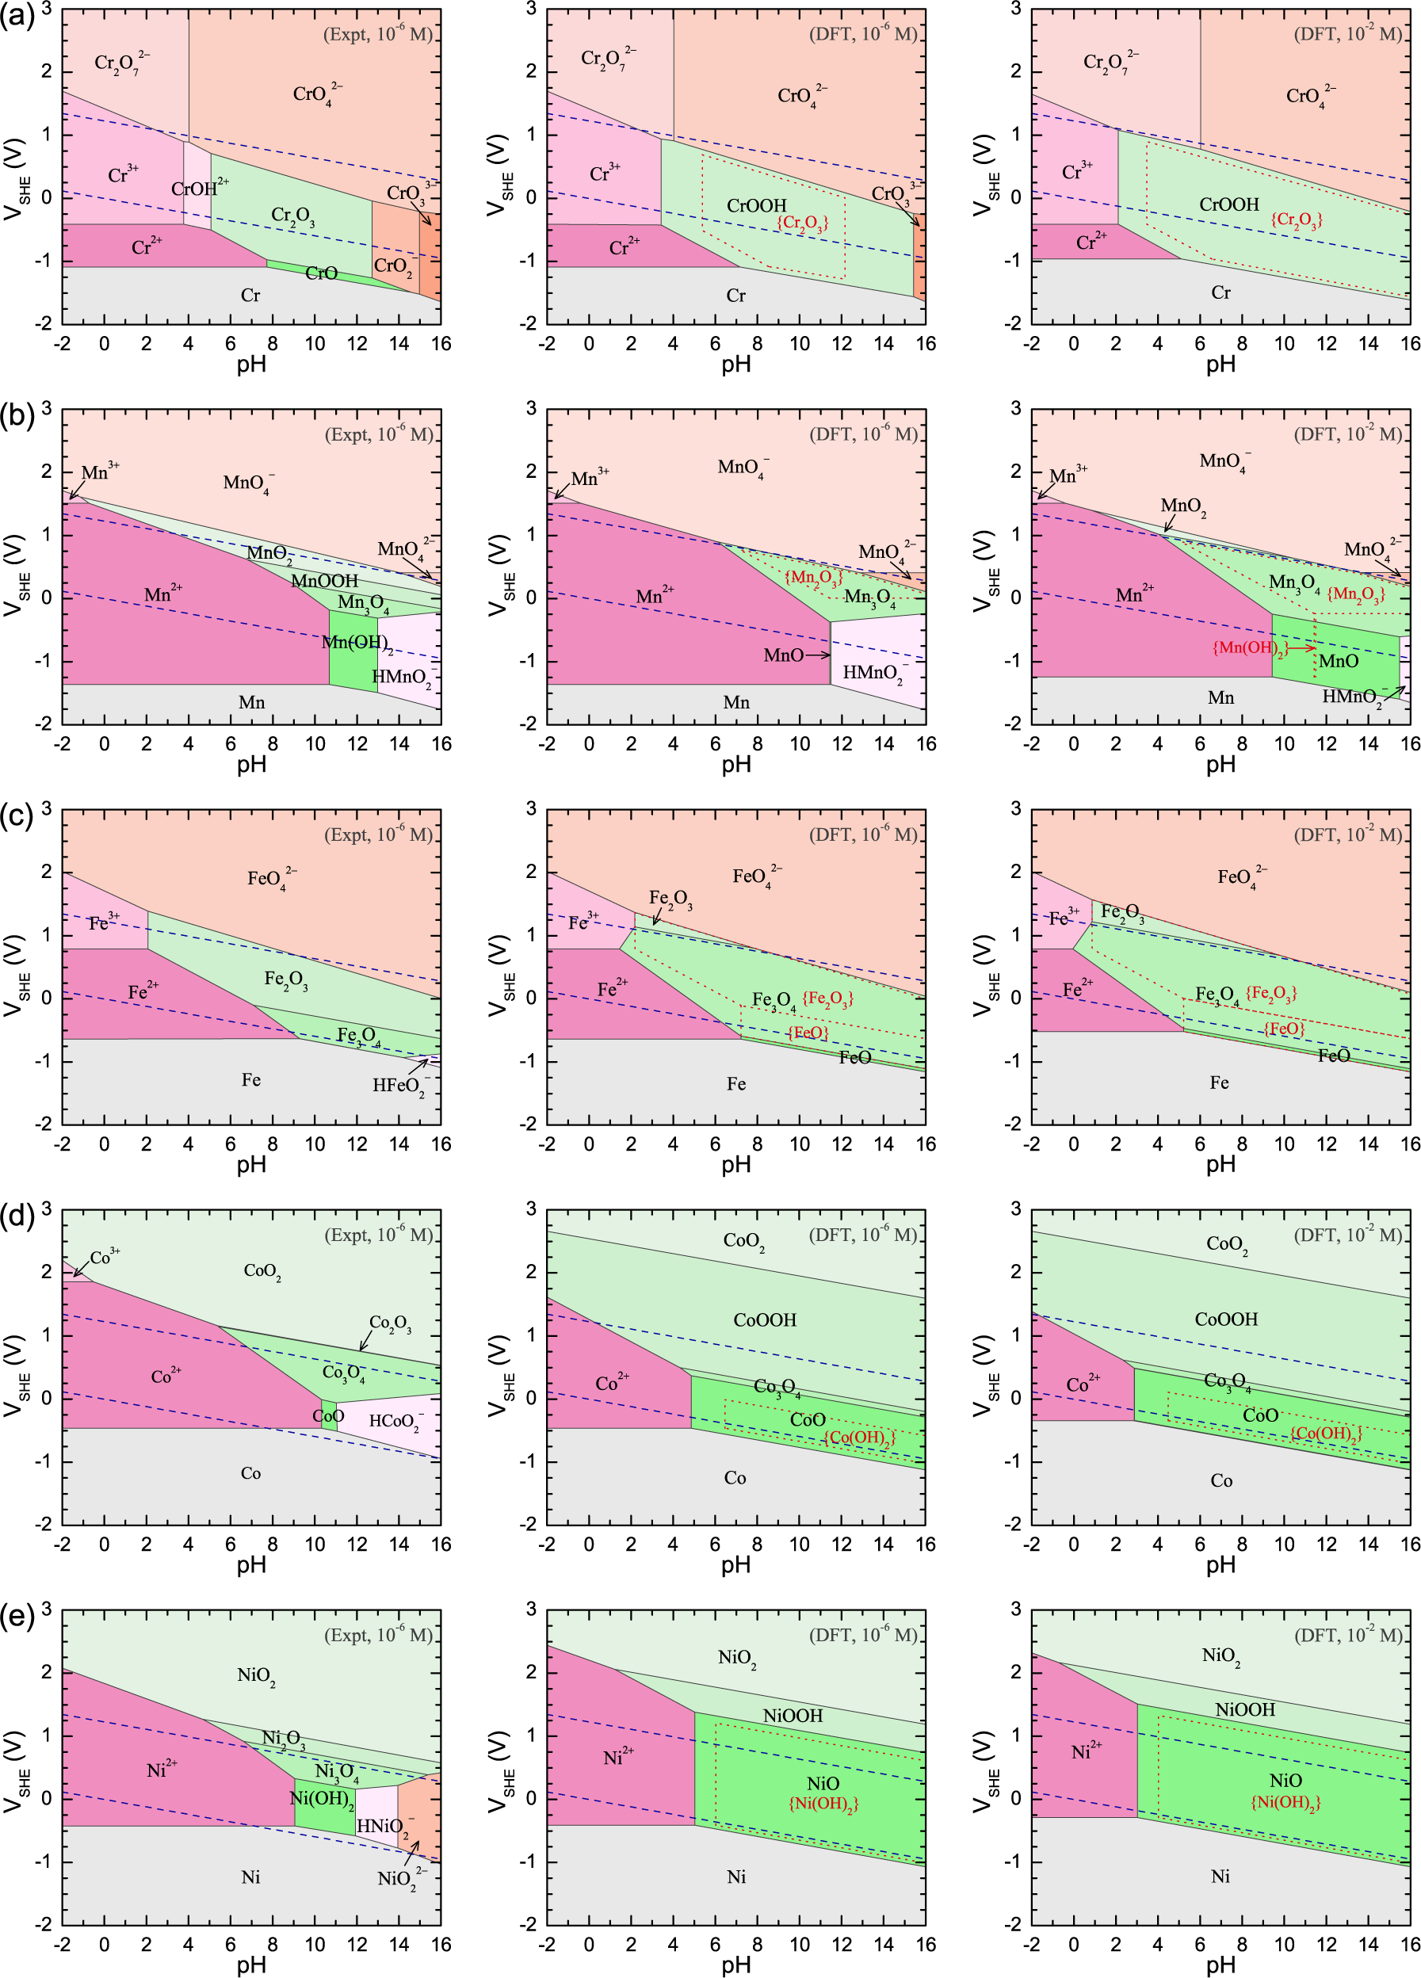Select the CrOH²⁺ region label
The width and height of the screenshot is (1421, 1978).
click(200, 189)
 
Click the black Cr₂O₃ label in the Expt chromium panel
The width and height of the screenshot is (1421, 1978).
click(293, 216)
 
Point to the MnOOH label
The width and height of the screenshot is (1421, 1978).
click(324, 581)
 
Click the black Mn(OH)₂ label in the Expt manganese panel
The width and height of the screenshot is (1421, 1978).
click(356, 643)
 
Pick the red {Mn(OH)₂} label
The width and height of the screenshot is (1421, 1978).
click(1249, 648)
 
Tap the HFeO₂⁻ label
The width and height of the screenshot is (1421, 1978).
click(400, 1086)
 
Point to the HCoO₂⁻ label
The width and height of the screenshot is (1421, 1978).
click(397, 1422)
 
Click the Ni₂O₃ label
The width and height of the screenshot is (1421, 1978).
click(284, 1738)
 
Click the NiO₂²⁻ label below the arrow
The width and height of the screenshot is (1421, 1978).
click(401, 1879)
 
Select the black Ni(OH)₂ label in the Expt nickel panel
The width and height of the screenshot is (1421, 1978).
click(322, 1799)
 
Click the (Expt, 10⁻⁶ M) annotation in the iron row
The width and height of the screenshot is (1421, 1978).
click(379, 834)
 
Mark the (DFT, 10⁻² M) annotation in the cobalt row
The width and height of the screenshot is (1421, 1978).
click(1348, 1235)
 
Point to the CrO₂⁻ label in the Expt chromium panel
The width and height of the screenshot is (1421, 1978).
click(392, 266)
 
